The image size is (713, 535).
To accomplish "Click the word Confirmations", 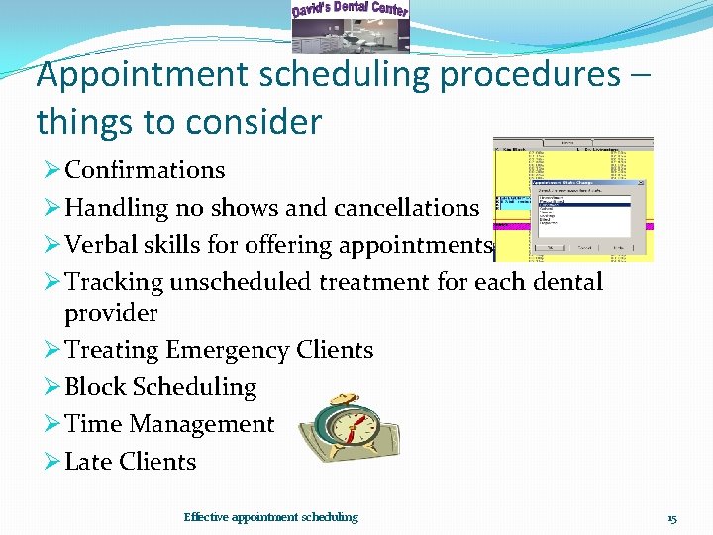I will click(145, 170).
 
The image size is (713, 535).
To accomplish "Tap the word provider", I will click(111, 313).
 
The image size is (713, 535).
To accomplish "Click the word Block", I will click(95, 387).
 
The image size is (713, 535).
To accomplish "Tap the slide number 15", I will click(671, 518).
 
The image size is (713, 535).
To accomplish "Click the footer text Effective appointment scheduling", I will click(270, 517).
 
